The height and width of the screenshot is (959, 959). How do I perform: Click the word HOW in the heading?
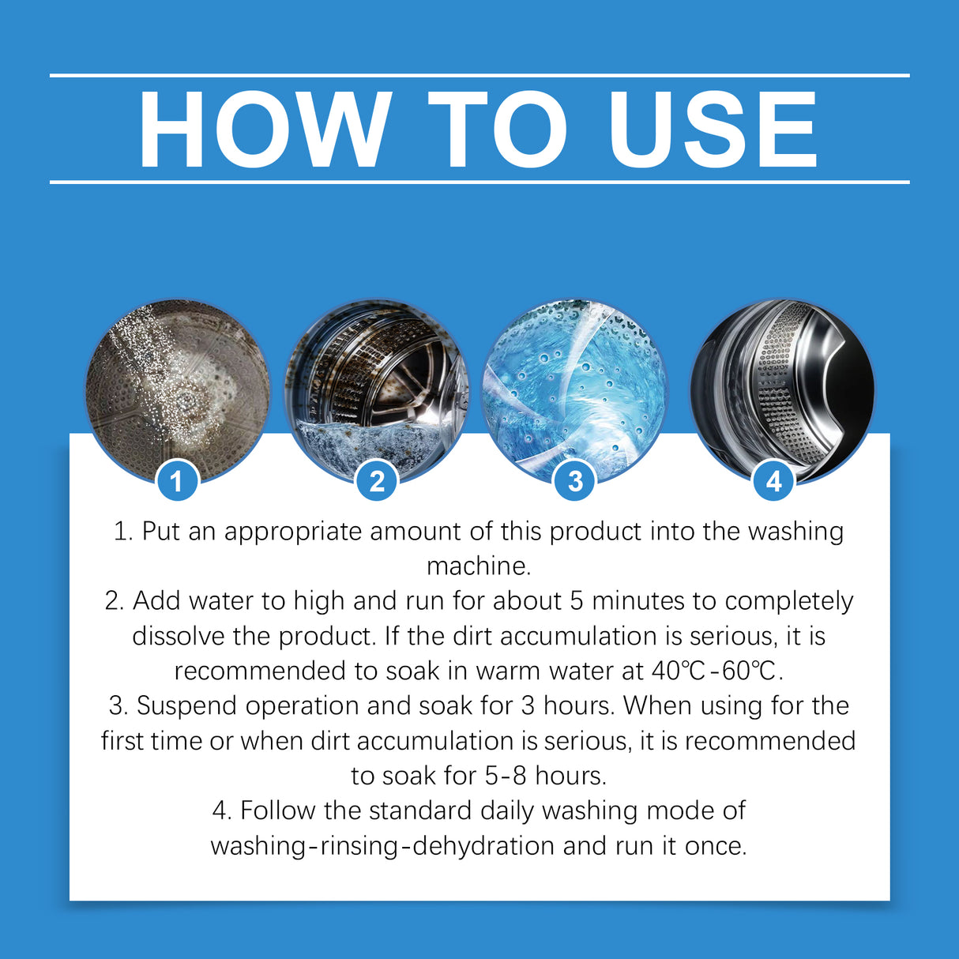point(265,130)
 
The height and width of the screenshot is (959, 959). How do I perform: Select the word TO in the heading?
point(498,130)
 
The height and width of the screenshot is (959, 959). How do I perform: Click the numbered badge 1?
point(176,481)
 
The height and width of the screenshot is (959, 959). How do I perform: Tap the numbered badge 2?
point(377,481)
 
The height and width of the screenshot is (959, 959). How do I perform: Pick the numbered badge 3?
point(575,481)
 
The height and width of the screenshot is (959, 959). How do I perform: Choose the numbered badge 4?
point(774,481)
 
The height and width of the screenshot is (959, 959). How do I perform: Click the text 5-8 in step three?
point(506,776)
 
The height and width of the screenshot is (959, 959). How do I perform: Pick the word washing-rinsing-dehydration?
point(382,846)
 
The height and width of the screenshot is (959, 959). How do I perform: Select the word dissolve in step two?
point(179,636)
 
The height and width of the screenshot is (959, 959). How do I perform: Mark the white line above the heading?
point(479,75)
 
